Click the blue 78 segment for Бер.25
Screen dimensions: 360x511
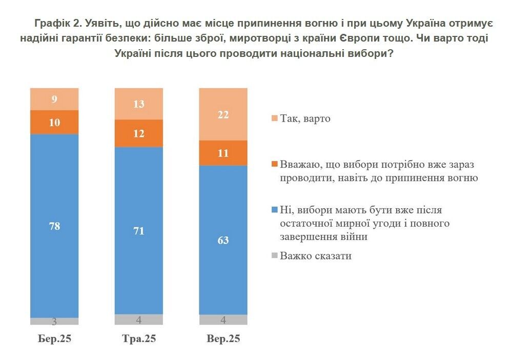pyautogui.click(x=54, y=226)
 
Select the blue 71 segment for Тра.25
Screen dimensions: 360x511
pyautogui.click(x=138, y=231)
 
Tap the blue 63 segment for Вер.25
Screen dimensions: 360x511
pyautogui.click(x=223, y=239)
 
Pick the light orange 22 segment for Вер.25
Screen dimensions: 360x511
pyautogui.click(x=223, y=114)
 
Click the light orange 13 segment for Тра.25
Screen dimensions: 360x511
pyautogui.click(x=138, y=104)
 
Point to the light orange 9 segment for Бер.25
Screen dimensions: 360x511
pyautogui.click(x=54, y=99)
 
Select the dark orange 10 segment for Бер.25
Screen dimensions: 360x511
pyautogui.click(x=54, y=122)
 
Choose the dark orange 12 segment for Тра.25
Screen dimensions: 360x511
pyautogui.click(x=138, y=133)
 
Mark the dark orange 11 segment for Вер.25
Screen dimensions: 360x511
pyautogui.click(x=223, y=153)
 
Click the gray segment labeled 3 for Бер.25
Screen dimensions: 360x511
pyautogui.click(x=54, y=321)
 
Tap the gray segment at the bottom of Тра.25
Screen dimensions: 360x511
pyautogui.click(x=138, y=319)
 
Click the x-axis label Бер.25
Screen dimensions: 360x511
pyautogui.click(x=54, y=339)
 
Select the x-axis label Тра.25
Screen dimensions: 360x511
pyautogui.click(x=138, y=339)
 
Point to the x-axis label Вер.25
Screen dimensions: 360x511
pyautogui.click(x=223, y=339)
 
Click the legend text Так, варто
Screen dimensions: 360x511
pyautogui.click(x=305, y=118)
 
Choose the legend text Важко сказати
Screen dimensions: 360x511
pyautogui.click(x=315, y=255)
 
